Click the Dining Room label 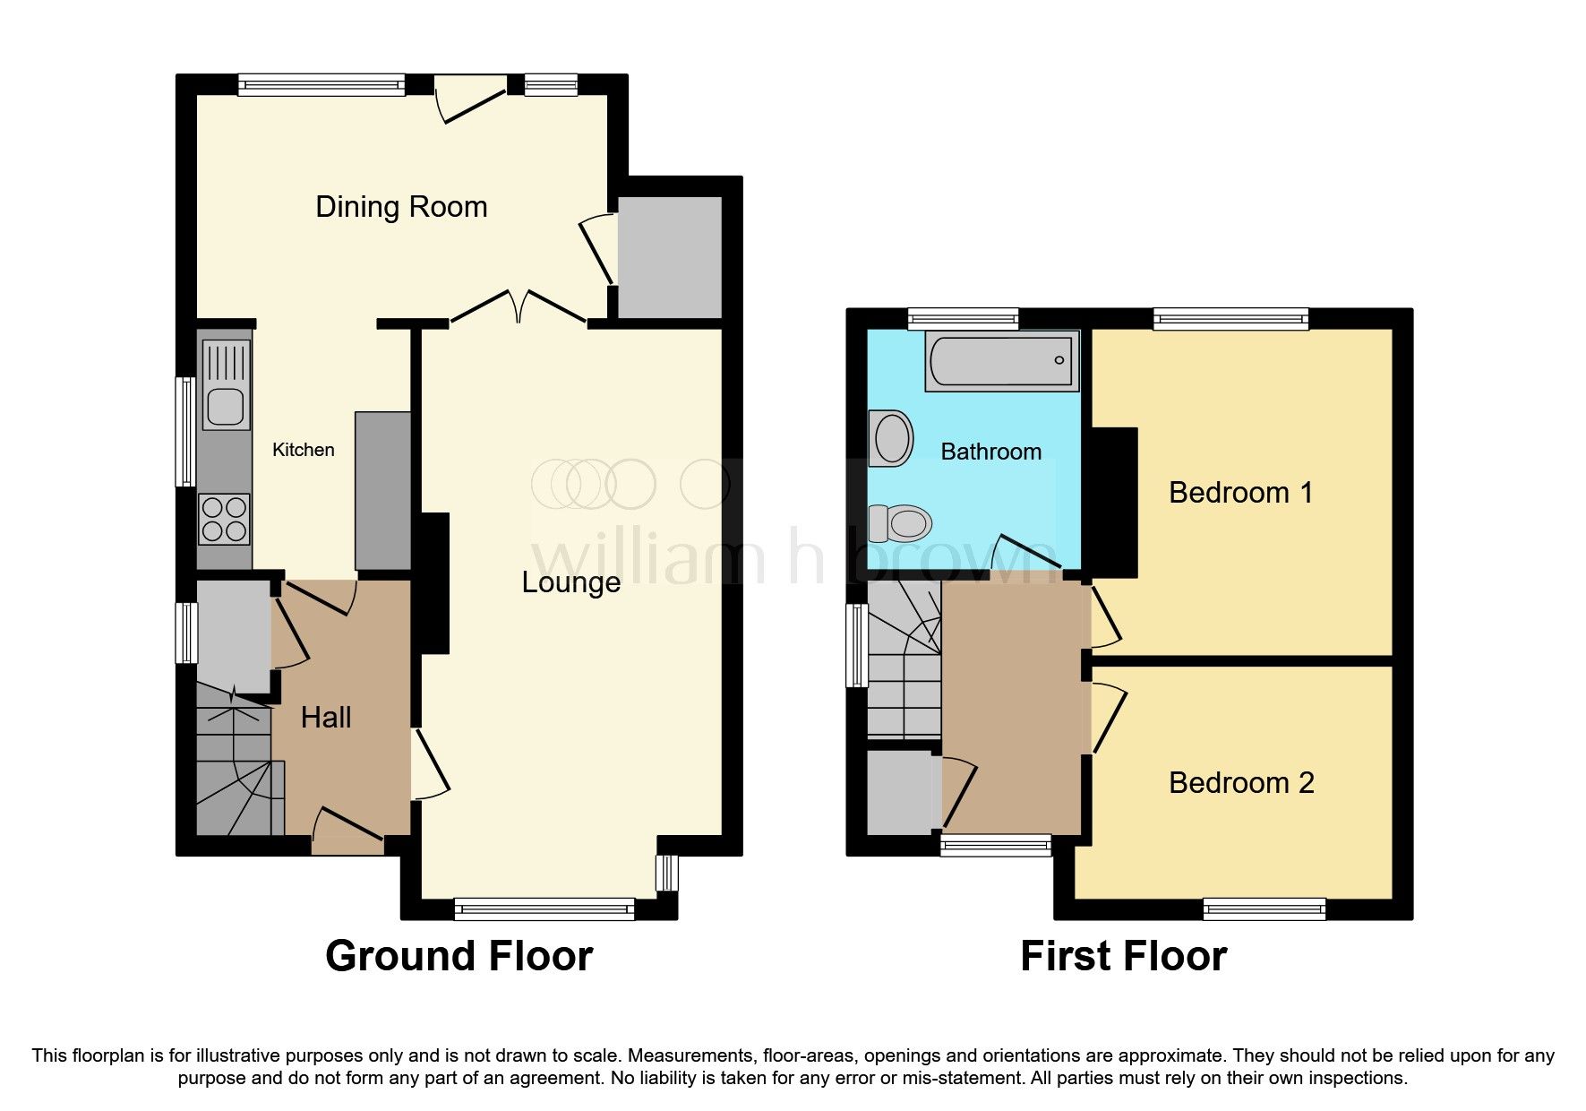coord(401,207)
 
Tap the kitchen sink coord(225,385)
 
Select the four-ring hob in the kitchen coord(224,520)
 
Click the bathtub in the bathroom coord(1001,361)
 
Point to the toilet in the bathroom coord(901,522)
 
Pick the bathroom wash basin coord(891,438)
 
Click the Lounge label coord(570,582)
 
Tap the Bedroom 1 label coord(1240,493)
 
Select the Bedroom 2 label coord(1240,783)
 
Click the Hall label coord(326,718)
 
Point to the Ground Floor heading coord(459,956)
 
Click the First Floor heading coord(1123,956)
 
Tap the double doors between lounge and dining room coord(519,307)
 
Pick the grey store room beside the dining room coord(669,257)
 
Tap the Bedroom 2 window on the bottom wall coord(1264,909)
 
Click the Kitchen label coord(304,450)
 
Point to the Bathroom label coord(990,452)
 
